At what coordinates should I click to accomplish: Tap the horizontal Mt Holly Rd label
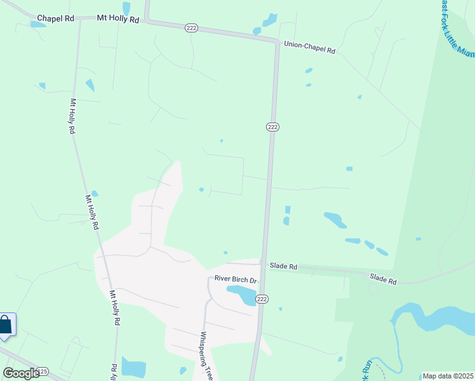118,20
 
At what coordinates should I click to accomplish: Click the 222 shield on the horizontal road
191,28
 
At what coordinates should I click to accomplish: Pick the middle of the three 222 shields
272,128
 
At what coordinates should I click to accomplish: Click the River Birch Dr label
235,279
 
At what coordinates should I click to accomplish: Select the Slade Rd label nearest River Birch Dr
283,267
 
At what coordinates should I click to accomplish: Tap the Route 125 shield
43,371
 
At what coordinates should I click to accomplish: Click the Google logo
21,373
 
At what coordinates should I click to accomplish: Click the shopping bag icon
6,325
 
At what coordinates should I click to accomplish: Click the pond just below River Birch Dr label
241,294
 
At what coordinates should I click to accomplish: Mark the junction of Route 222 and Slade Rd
261,263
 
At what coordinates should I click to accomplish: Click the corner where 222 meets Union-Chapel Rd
276,43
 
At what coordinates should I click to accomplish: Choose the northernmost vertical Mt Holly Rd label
72,116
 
